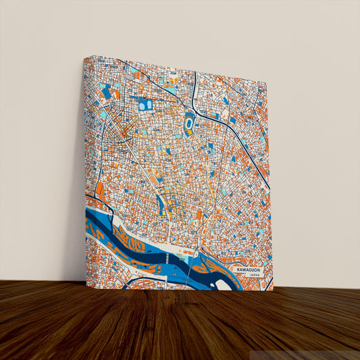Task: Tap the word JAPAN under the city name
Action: click(x=254, y=276)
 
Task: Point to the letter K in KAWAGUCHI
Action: click(x=238, y=269)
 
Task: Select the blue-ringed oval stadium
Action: click(x=188, y=124)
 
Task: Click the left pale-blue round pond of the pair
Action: click(x=142, y=105)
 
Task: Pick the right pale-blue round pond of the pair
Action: click(x=149, y=105)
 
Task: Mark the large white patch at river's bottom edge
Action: click(x=223, y=284)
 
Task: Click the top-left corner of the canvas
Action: click(x=84, y=57)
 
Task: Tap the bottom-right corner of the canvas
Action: click(x=273, y=290)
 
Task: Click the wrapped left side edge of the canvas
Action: click(x=86, y=169)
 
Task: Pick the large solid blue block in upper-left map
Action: click(x=106, y=92)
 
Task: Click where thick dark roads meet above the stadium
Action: click(x=194, y=101)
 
